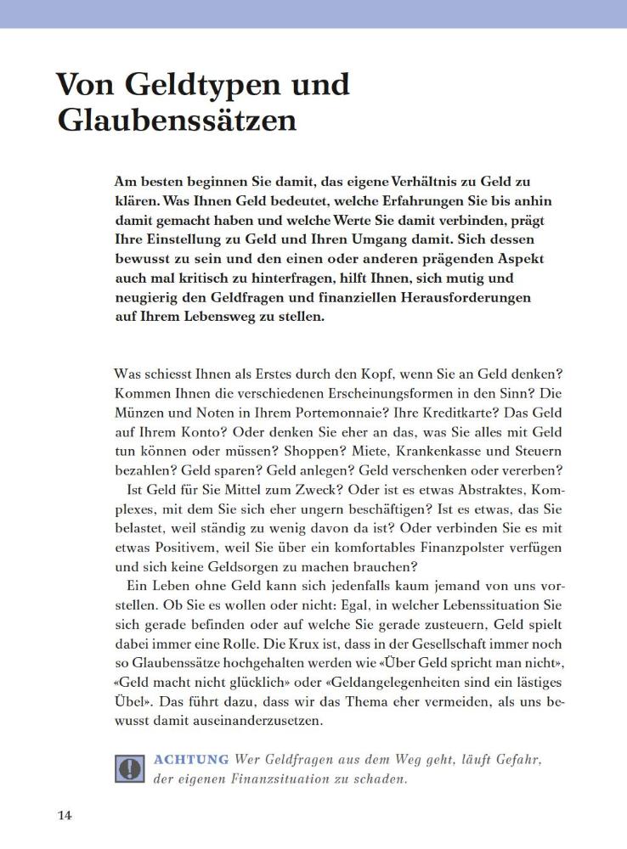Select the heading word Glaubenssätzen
[177, 121]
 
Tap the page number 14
[65, 816]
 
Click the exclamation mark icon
[129, 767]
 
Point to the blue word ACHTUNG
[191, 759]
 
